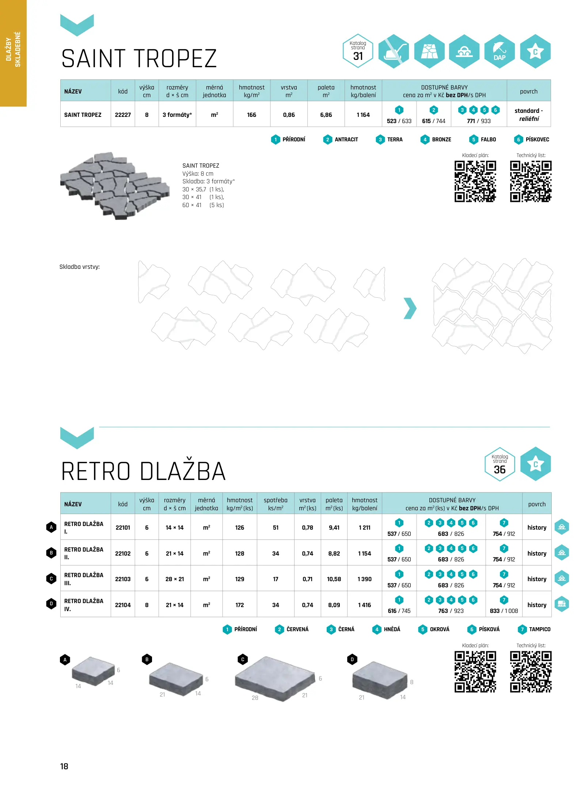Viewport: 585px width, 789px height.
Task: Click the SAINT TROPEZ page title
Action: click(139, 59)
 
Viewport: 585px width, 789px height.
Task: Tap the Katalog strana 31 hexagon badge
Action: click(358, 51)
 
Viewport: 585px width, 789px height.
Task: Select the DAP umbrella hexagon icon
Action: click(499, 51)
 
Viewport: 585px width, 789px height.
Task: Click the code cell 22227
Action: click(123, 115)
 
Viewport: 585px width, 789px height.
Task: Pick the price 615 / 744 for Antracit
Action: click(434, 121)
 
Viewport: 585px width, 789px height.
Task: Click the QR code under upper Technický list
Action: click(531, 182)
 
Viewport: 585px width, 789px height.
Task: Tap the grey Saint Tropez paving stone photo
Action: click(115, 186)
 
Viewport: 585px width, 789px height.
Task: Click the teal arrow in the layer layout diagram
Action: click(410, 308)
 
